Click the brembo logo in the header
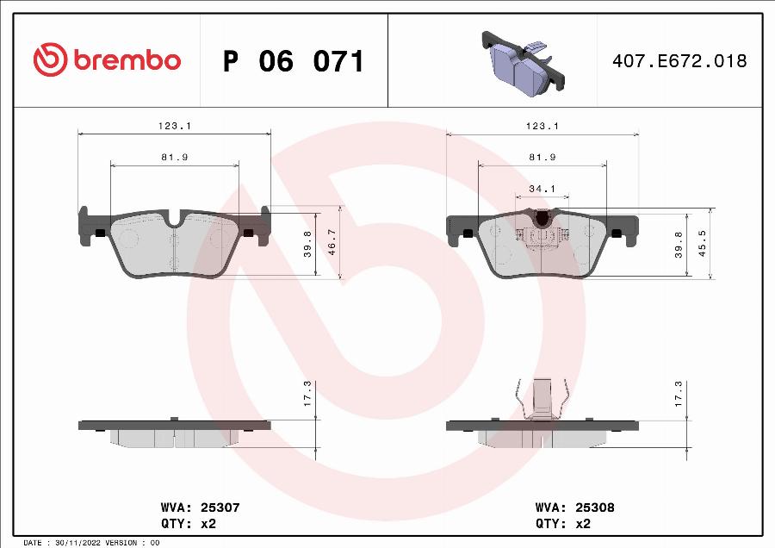[107, 60]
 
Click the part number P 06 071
[294, 61]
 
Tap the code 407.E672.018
[679, 61]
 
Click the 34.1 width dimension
[542, 189]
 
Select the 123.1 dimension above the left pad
[175, 126]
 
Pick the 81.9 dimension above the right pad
[542, 157]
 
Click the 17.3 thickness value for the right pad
[679, 395]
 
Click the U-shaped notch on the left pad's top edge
[175, 221]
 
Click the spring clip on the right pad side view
[542, 399]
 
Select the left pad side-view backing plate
[175, 425]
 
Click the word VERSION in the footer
[121, 543]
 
